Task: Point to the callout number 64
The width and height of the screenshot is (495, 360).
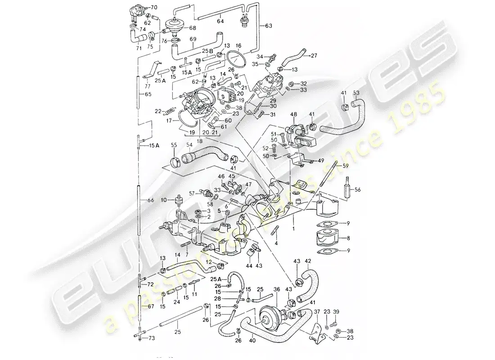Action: click(x=220, y=20)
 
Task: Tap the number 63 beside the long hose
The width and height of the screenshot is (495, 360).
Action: click(x=269, y=26)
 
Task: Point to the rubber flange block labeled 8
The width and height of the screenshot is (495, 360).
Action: click(x=328, y=237)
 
